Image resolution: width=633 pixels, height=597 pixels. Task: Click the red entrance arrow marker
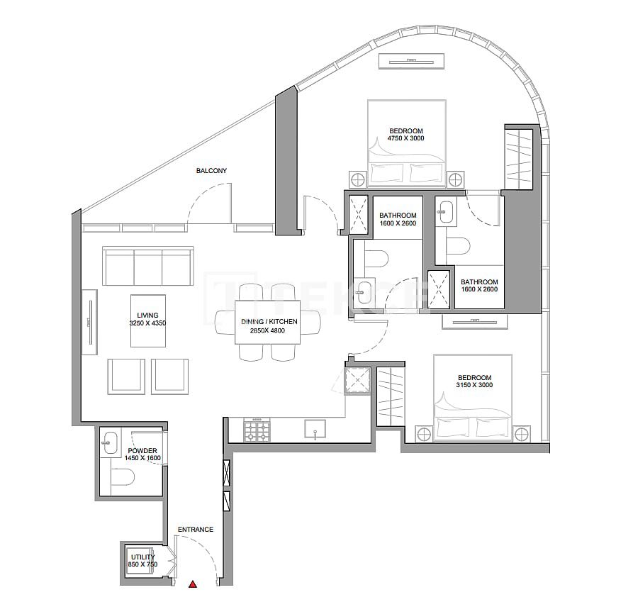(x=193, y=585)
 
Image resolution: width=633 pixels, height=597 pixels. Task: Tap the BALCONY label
(x=212, y=171)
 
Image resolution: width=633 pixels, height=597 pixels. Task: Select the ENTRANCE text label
(x=195, y=530)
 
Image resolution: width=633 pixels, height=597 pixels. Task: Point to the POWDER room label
(x=142, y=451)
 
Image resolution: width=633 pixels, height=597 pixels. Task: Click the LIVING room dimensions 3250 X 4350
(x=148, y=323)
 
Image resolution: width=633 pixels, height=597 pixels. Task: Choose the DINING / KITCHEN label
(x=269, y=322)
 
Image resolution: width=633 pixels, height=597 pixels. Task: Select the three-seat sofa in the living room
(x=147, y=267)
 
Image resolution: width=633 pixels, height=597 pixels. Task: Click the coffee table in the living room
(x=148, y=320)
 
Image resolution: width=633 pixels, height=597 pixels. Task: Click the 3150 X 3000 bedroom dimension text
(x=474, y=385)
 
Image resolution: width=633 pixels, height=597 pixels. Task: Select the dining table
(x=269, y=323)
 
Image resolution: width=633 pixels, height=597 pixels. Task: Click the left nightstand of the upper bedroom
(x=357, y=178)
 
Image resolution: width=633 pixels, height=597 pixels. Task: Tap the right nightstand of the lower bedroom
(x=522, y=433)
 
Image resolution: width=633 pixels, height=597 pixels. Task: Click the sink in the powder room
(x=111, y=444)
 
